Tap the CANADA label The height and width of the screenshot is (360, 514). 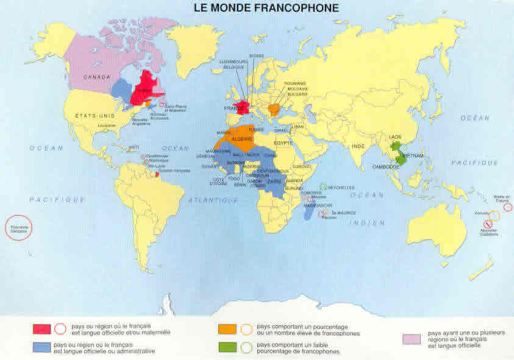[x=96, y=77]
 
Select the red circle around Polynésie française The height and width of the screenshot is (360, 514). [x=18, y=228]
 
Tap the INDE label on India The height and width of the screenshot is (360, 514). [x=359, y=146]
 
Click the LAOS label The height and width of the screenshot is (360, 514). [x=394, y=136]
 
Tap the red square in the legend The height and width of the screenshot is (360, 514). [x=41, y=330]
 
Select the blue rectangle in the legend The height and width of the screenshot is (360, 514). [x=41, y=347]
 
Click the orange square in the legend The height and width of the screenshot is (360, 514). [x=226, y=330]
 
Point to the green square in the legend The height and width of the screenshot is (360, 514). [x=226, y=347]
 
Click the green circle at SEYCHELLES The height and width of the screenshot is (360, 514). [x=323, y=188]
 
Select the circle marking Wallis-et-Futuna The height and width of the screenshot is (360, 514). [x=508, y=207]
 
